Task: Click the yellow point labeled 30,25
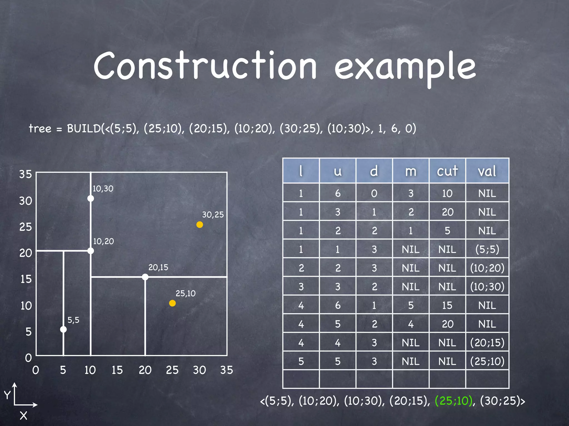pyautogui.click(x=199, y=225)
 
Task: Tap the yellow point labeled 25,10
pyautogui.click(x=172, y=303)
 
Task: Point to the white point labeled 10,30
pyautogui.click(x=91, y=199)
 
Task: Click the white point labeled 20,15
pyautogui.click(x=145, y=277)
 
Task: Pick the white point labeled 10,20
pyautogui.click(x=91, y=251)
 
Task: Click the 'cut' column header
pyautogui.click(x=447, y=171)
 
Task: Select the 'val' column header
pyautogui.click(x=487, y=171)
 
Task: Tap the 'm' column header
pyautogui.click(x=411, y=171)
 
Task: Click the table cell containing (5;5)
pyautogui.click(x=487, y=249)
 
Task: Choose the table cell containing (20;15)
pyautogui.click(x=487, y=343)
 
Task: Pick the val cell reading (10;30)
pyautogui.click(x=487, y=286)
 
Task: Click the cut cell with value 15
pyautogui.click(x=447, y=305)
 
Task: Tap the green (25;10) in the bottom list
pyautogui.click(x=453, y=401)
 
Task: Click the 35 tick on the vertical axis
pyautogui.click(x=26, y=174)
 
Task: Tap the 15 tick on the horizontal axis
pyautogui.click(x=117, y=370)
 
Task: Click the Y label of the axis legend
pyautogui.click(x=7, y=395)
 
